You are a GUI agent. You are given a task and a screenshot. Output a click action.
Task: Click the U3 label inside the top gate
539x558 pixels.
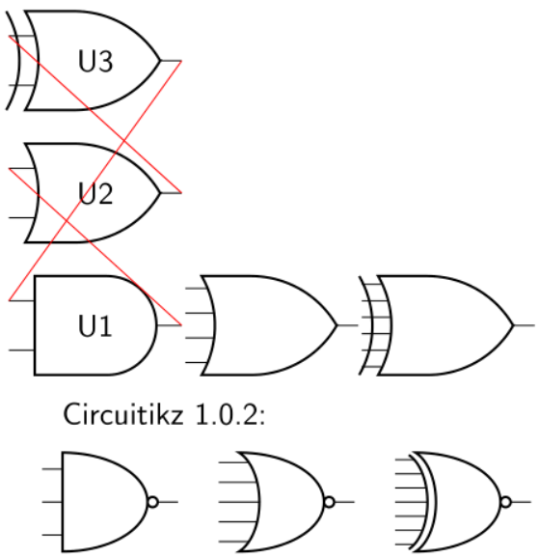pos(95,62)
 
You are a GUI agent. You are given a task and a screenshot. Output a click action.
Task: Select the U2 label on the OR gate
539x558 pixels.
pos(95,194)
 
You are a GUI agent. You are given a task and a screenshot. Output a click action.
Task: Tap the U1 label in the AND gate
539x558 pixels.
pos(95,326)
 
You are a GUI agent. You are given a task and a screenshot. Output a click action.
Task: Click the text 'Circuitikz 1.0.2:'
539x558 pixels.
pos(164,415)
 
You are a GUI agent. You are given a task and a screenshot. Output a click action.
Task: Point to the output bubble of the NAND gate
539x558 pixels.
pos(151,502)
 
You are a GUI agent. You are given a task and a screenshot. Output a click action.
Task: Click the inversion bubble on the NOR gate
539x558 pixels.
pos(330,502)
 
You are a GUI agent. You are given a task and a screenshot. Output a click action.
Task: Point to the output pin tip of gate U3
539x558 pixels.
pos(178,62)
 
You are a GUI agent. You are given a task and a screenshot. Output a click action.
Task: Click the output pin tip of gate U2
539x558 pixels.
pos(178,193)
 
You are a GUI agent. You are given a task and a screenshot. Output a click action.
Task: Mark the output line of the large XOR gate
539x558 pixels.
pos(526,325)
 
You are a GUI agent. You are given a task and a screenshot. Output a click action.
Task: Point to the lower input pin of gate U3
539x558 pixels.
pos(13,85)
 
